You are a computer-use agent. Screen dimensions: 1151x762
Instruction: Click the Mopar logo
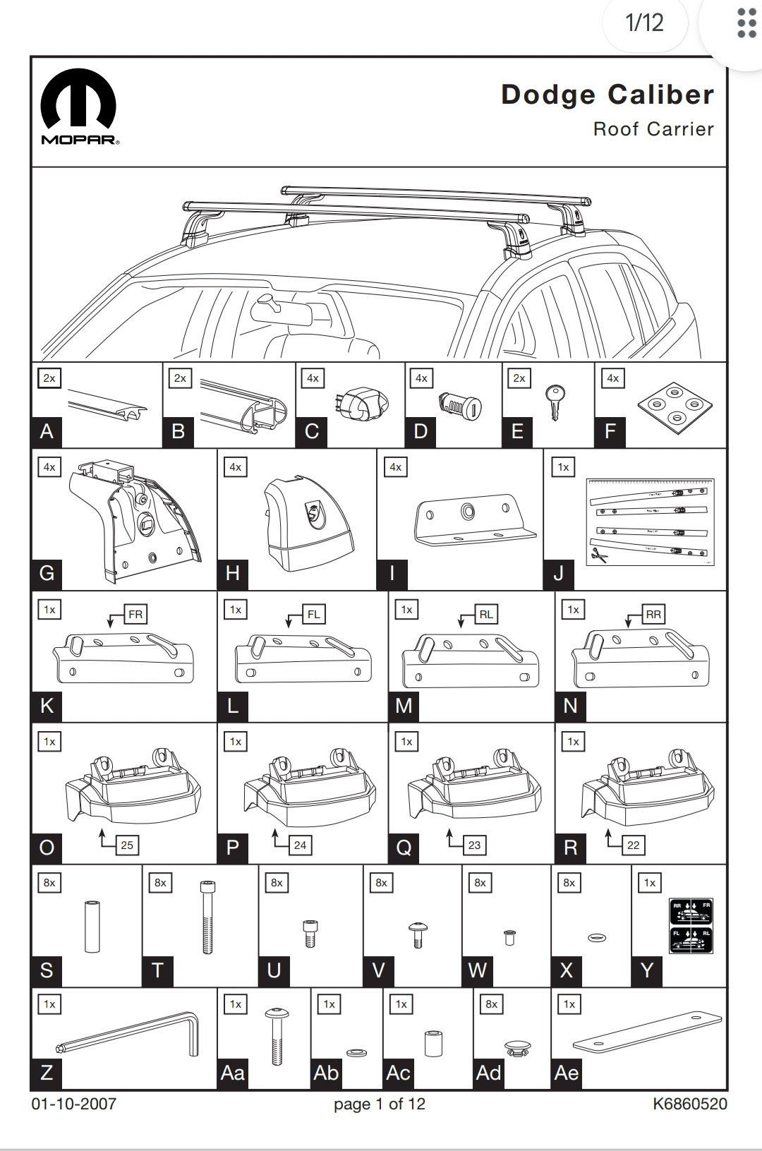pyautogui.click(x=79, y=106)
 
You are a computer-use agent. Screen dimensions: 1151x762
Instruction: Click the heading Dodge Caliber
pyautogui.click(x=607, y=95)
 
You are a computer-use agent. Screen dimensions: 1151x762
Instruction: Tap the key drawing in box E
pyautogui.click(x=555, y=401)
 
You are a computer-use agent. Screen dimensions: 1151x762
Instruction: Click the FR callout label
pyautogui.click(x=135, y=614)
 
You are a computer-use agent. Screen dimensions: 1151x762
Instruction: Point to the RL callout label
pyautogui.click(x=486, y=614)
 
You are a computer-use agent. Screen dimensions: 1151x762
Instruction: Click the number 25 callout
pyautogui.click(x=127, y=845)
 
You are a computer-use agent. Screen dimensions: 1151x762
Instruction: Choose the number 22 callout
pyautogui.click(x=634, y=845)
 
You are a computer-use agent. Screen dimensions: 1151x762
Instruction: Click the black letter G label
pyautogui.click(x=47, y=572)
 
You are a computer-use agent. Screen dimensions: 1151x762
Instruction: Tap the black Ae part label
pyautogui.click(x=567, y=1073)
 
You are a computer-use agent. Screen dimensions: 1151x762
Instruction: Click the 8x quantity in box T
pyautogui.click(x=160, y=882)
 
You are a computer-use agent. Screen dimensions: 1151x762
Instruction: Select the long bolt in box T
pyautogui.click(x=207, y=917)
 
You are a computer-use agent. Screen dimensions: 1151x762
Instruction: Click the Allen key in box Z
pyautogui.click(x=127, y=1035)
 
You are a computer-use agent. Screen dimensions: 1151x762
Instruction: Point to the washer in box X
pyautogui.click(x=597, y=937)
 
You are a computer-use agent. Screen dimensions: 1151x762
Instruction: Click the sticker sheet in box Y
pyautogui.click(x=690, y=925)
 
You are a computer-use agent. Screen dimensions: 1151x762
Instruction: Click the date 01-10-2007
pyautogui.click(x=73, y=1104)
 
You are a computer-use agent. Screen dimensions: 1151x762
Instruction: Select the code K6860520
pyautogui.click(x=689, y=1104)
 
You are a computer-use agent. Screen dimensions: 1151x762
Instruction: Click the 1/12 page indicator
pyautogui.click(x=644, y=23)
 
